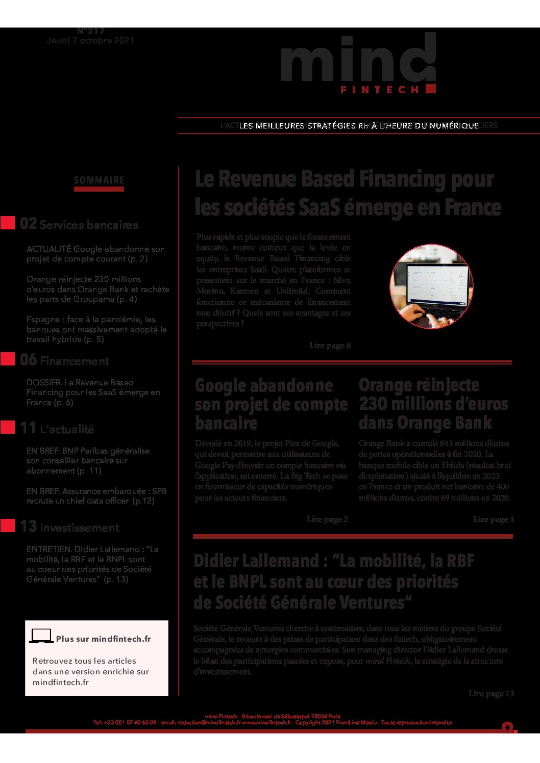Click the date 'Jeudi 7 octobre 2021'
click(x=91, y=41)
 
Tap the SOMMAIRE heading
click(x=99, y=180)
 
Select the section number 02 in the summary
click(x=28, y=223)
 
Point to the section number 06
click(x=28, y=360)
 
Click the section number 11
click(x=28, y=428)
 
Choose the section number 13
click(x=28, y=527)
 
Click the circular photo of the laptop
click(x=431, y=286)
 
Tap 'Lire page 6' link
click(x=330, y=346)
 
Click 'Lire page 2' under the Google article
click(x=327, y=519)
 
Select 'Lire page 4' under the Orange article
click(x=494, y=519)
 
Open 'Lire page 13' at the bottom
click(x=491, y=694)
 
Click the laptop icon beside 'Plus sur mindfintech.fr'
click(x=41, y=636)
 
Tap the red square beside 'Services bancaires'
click(x=8, y=223)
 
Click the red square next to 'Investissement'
click(x=8, y=525)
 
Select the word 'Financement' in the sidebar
click(x=75, y=361)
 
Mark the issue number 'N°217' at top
click(x=91, y=31)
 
